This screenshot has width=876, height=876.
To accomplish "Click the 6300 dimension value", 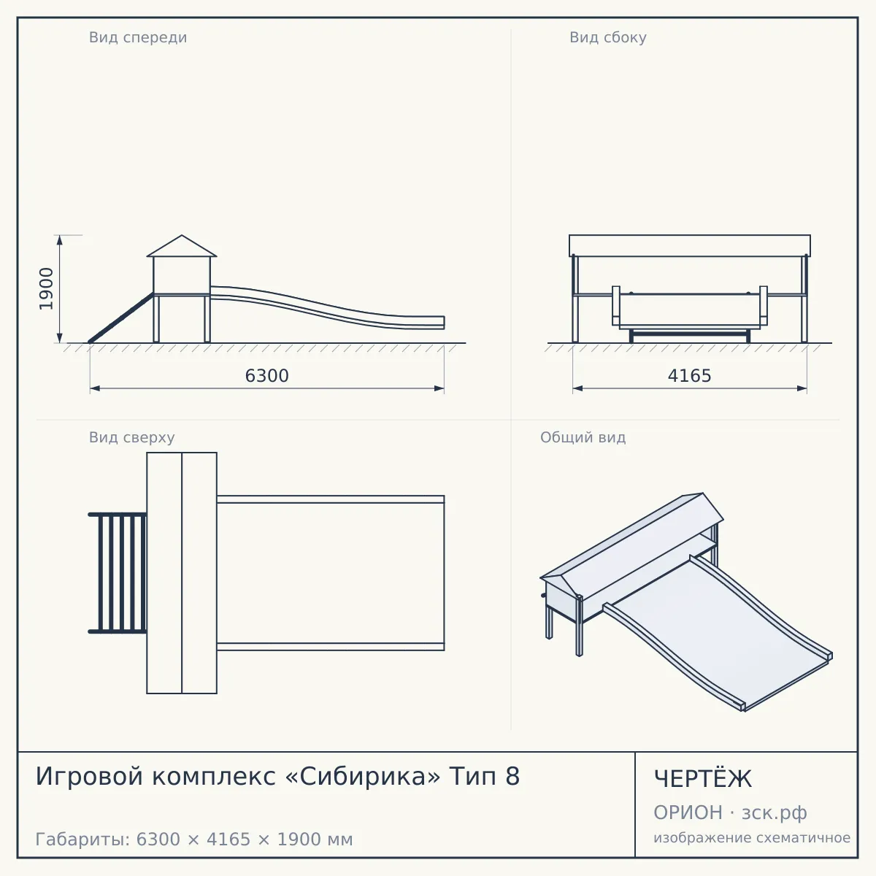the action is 267,376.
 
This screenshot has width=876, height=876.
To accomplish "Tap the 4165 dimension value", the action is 689,376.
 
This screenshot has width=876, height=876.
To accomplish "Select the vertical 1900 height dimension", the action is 47,289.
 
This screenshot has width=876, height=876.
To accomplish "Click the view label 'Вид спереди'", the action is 138,37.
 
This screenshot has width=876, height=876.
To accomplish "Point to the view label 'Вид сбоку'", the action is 608,37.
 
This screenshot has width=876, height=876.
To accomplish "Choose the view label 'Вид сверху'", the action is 132,437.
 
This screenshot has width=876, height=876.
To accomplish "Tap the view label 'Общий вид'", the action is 583,437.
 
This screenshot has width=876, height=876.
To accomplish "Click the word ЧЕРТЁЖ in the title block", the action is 703,779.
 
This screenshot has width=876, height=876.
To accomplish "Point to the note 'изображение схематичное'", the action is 752,837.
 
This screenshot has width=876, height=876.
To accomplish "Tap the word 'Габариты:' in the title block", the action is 83,839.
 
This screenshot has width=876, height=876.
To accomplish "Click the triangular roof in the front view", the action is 182,246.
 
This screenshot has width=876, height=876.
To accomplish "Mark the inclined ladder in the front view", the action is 121,318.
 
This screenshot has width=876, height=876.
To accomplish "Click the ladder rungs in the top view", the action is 118,573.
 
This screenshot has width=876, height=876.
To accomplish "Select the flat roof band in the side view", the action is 690,245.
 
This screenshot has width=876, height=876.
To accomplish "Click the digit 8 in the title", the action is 512,777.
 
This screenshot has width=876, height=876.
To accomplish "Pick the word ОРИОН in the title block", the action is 688,812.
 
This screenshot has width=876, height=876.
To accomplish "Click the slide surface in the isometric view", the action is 718,632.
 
